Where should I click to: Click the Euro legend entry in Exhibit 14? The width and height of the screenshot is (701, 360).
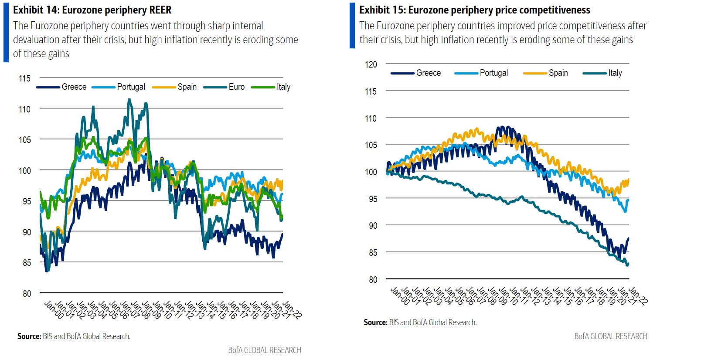[x=236, y=87]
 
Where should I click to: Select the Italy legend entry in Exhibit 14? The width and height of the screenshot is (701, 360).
[x=283, y=87]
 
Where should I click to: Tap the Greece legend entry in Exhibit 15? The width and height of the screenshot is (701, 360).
[x=428, y=73]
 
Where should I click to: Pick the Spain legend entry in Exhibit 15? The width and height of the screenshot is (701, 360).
[x=558, y=73]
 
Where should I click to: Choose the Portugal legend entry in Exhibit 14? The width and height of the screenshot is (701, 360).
[x=131, y=87]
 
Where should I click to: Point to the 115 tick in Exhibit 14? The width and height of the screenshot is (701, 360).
[x=24, y=78]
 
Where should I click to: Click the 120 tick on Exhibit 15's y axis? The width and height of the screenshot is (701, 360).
[x=371, y=65]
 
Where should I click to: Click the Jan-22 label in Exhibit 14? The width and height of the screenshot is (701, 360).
[x=292, y=310]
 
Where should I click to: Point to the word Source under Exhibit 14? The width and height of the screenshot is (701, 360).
[x=29, y=336]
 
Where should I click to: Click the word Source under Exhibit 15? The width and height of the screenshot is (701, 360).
[x=375, y=323]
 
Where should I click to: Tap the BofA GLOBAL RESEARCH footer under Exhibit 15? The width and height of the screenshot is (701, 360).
[x=610, y=336]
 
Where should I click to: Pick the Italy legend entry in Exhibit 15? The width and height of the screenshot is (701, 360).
[x=615, y=73]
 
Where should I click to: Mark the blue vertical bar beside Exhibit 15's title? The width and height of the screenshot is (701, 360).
[x=352, y=25]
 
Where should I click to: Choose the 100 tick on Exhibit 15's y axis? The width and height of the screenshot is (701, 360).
[x=371, y=172]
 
